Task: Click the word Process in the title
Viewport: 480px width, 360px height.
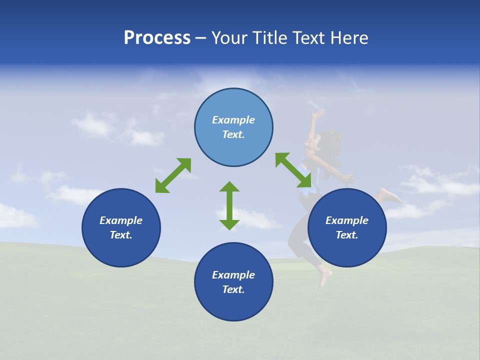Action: pyautogui.click(x=157, y=38)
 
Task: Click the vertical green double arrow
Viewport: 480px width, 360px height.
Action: pyautogui.click(x=229, y=205)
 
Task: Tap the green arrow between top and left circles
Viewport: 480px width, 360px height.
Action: pyautogui.click(x=173, y=175)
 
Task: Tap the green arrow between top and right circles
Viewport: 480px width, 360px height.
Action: pyautogui.click(x=293, y=170)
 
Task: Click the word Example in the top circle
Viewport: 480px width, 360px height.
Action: pyautogui.click(x=233, y=120)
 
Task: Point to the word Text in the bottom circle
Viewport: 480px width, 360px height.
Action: pyautogui.click(x=232, y=289)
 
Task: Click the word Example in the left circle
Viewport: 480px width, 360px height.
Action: pyautogui.click(x=121, y=220)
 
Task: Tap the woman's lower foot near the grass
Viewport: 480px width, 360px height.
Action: pyautogui.click(x=324, y=277)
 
